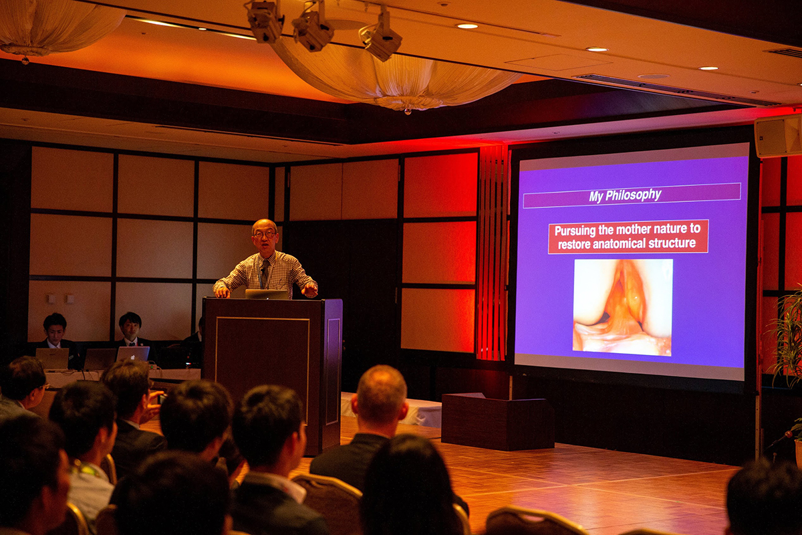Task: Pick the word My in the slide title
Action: [595, 197]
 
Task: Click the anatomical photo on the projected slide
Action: [623, 307]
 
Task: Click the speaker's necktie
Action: [265, 272]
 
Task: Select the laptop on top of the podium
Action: [267, 294]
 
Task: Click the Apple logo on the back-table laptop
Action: [133, 356]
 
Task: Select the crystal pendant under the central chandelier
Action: [407, 112]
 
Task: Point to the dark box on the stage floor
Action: [498, 421]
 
